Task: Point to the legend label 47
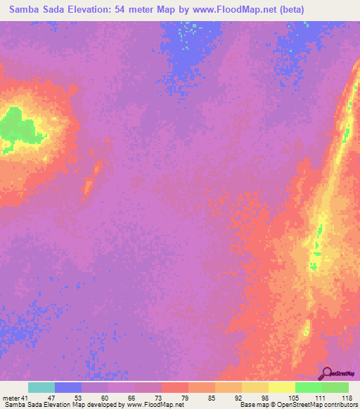(50, 398)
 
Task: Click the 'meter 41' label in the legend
(15, 398)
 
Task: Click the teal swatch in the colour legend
(41, 388)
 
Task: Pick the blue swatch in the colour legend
(68, 388)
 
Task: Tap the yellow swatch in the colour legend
(282, 388)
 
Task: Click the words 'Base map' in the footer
(250, 405)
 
